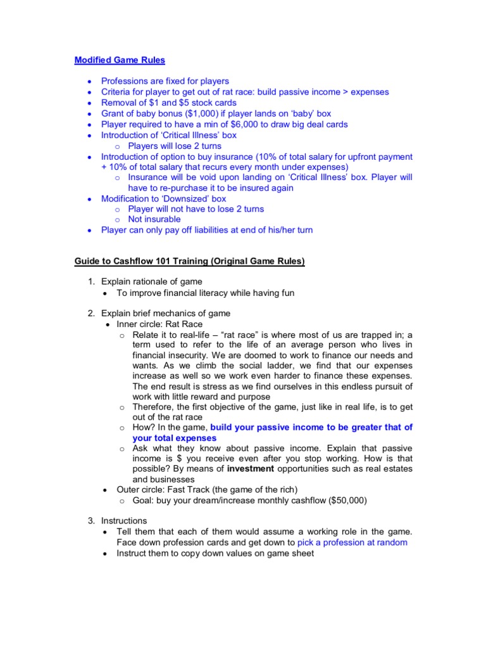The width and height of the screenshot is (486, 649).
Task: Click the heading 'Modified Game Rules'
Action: [x=120, y=60]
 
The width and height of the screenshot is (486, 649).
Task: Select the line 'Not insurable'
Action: [x=154, y=219]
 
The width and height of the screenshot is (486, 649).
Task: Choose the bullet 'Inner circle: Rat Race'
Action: [x=159, y=324]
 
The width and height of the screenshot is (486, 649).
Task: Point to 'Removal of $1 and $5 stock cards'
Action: [x=169, y=103]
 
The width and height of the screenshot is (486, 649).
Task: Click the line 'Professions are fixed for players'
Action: [x=165, y=81]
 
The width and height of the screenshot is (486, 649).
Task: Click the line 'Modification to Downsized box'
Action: [x=163, y=198]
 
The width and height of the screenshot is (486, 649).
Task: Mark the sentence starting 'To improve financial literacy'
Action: [x=206, y=293]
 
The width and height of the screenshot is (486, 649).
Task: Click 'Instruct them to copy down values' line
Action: [x=215, y=553]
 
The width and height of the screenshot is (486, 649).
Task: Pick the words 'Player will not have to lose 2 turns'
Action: [x=196, y=209]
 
